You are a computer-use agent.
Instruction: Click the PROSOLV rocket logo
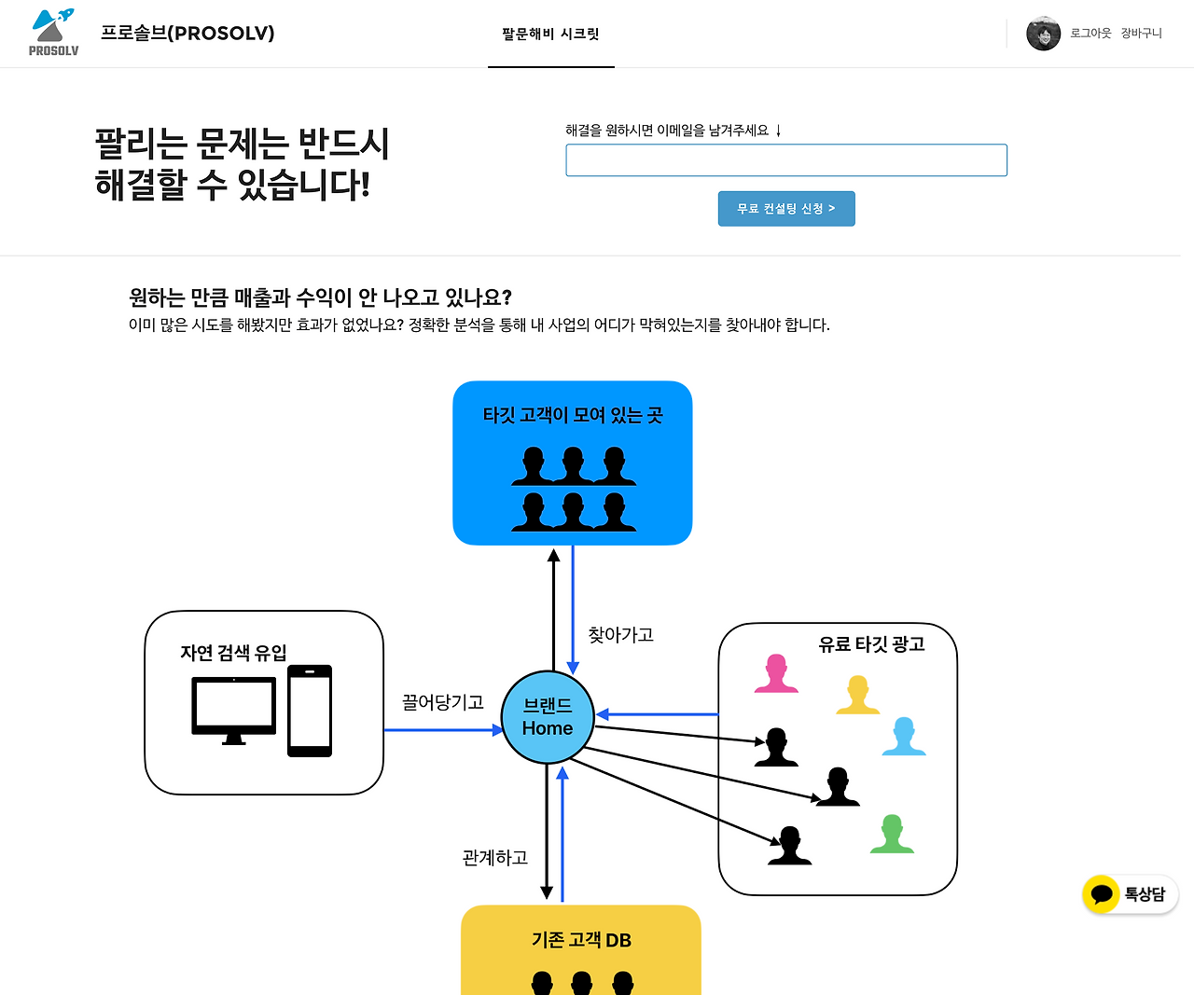53,32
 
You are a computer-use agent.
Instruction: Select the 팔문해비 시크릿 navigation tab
550,34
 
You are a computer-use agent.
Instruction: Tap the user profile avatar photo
1043,34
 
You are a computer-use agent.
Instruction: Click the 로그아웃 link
1090,34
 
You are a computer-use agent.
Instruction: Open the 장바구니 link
1141,34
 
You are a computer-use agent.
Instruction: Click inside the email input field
785,160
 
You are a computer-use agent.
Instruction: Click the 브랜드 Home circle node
548,717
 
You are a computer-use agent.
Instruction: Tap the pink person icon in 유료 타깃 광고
776,673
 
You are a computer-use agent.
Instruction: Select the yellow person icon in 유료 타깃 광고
857,695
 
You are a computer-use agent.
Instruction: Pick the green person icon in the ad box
892,834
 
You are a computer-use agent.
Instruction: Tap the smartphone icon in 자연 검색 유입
310,711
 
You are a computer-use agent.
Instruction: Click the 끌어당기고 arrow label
442,702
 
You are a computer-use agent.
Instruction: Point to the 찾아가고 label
620,635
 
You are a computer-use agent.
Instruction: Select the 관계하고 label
494,857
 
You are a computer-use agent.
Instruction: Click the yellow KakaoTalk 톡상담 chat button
1130,894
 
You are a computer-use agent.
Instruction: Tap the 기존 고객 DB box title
581,940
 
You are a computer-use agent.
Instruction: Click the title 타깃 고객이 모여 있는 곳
572,415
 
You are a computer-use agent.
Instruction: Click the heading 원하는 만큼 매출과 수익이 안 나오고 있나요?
320,297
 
